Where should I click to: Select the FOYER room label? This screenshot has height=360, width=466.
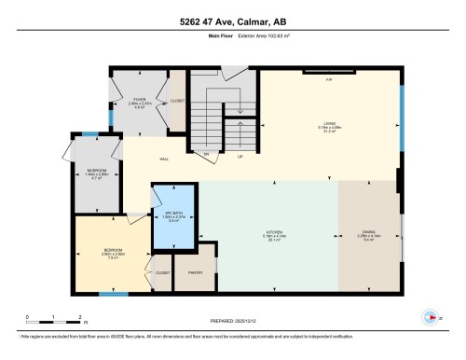[x=138, y=98]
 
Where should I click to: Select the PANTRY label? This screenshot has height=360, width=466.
[x=195, y=272]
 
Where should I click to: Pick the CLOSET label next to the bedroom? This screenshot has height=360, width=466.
[x=162, y=272]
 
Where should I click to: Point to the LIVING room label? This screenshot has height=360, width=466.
[x=328, y=124]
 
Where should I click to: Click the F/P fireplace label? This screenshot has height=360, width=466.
[x=328, y=80]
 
